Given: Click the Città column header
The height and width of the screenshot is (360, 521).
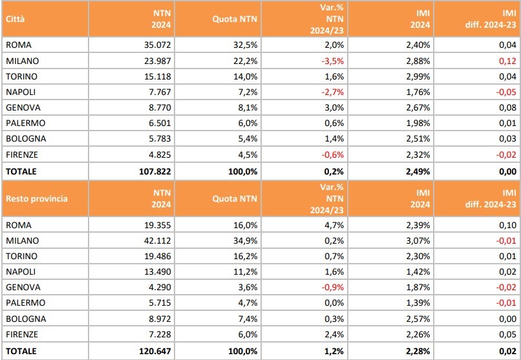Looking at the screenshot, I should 16,19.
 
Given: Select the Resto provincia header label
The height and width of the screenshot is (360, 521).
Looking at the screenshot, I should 36,198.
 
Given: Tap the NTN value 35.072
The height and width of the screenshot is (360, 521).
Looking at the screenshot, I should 159,45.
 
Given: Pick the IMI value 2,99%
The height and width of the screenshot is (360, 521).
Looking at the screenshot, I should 419,76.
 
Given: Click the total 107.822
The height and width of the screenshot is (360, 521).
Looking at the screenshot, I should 156,172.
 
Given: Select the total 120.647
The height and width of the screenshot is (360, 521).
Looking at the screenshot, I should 156,351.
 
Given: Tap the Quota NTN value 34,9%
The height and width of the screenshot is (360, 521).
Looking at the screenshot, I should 246,240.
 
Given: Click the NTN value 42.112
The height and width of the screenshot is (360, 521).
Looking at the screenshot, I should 159,240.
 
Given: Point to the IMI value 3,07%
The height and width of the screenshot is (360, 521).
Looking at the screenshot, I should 419,240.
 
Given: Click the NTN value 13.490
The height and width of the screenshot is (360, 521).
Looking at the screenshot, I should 159,271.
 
